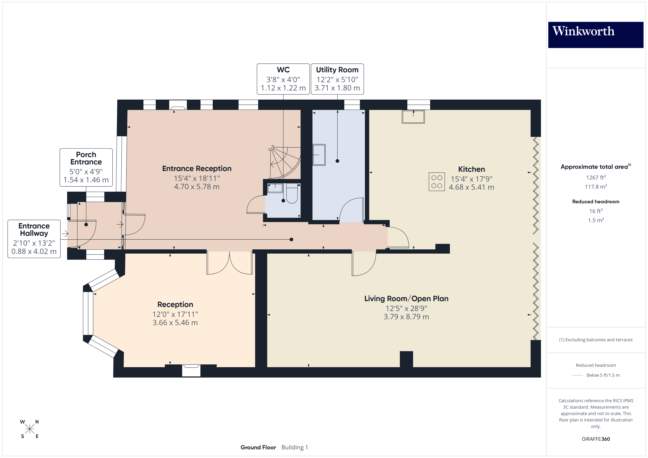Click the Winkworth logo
pyautogui.click(x=595, y=35)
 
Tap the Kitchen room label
pyautogui.click(x=471, y=169)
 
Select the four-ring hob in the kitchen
pyautogui.click(x=437, y=182)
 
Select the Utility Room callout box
pyautogui.click(x=337, y=79)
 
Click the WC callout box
pyautogui.click(x=283, y=79)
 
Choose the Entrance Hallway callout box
pyautogui.click(x=34, y=239)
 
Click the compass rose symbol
pyautogui.click(x=30, y=429)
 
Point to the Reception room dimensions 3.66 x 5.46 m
pyautogui.click(x=175, y=323)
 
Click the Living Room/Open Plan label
pyautogui.click(x=406, y=298)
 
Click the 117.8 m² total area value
pyautogui.click(x=595, y=187)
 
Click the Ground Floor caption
pyautogui.click(x=258, y=447)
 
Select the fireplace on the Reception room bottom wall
pyautogui.click(x=191, y=370)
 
